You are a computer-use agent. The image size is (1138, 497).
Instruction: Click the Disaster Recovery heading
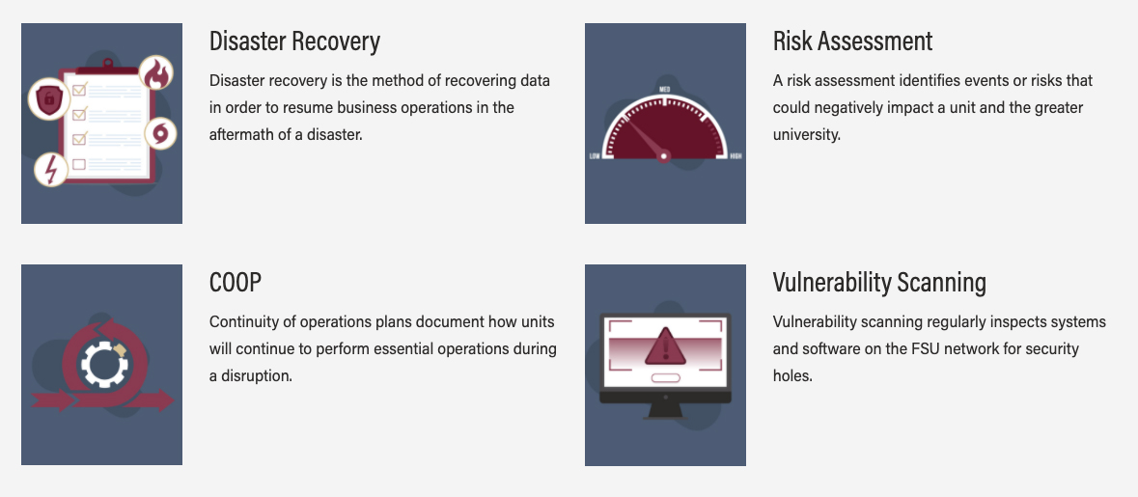(294, 41)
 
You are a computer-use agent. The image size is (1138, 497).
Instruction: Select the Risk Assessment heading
(852, 41)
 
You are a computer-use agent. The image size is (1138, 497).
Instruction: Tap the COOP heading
(235, 282)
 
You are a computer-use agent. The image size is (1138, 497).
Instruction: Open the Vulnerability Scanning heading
(879, 282)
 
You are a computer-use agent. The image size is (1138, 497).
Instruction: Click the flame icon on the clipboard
(156, 73)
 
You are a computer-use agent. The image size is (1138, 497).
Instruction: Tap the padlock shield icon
(48, 99)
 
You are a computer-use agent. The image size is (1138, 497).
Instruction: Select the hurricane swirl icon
(159, 134)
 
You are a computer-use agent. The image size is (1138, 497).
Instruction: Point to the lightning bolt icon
(51, 170)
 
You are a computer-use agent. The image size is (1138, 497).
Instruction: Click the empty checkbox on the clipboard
(79, 164)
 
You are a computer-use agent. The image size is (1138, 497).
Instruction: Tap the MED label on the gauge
(664, 90)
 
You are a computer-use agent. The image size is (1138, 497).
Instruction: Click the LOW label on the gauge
(596, 156)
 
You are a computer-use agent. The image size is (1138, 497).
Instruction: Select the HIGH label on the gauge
(736, 156)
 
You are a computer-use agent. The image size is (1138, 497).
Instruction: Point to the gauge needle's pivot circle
(663, 155)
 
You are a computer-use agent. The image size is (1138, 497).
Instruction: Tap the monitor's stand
(665, 411)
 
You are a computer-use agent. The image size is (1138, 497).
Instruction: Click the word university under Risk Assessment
(806, 135)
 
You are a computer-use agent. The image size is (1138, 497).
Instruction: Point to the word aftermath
(241, 135)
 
